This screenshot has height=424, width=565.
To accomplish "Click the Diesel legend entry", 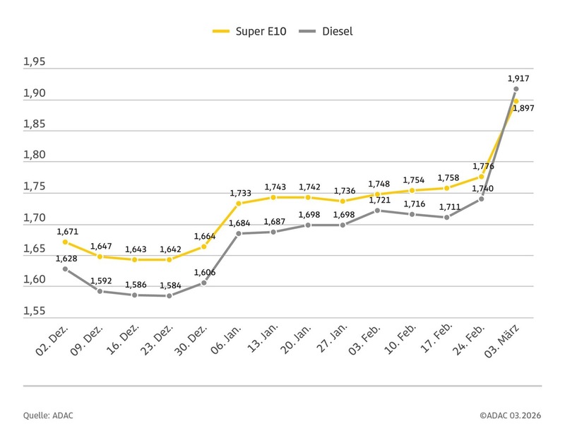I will pyautogui.click(x=326, y=31).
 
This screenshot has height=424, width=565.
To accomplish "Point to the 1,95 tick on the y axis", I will pyautogui.click(x=34, y=62).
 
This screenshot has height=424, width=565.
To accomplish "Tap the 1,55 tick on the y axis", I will pyautogui.click(x=34, y=312).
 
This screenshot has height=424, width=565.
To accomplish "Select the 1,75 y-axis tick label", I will pyautogui.click(x=34, y=187).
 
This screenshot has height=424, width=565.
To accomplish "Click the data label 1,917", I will pyautogui.click(x=518, y=78).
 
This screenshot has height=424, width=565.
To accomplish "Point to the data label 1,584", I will pyautogui.click(x=169, y=285).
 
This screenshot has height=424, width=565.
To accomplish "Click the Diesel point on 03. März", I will pyautogui.click(x=516, y=89).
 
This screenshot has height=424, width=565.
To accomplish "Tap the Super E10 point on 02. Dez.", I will pyautogui.click(x=66, y=242).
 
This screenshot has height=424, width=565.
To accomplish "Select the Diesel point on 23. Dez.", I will pyautogui.click(x=169, y=295).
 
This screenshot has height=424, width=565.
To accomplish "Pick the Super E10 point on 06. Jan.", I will pyautogui.click(x=239, y=204).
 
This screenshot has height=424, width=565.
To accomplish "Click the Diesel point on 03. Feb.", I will pyautogui.click(x=377, y=210).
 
